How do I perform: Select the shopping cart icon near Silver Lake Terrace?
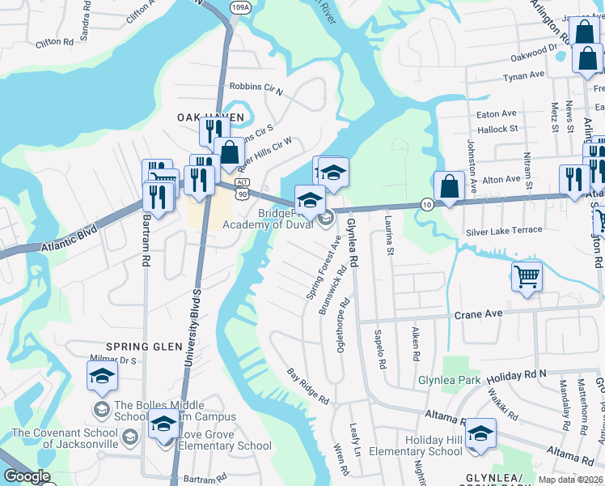point(527,278)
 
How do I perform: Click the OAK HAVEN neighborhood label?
point(210,117)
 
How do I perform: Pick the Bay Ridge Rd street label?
point(308,386)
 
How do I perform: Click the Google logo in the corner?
point(27,476)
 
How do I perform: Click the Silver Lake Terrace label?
point(503,231)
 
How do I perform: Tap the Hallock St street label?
point(497,129)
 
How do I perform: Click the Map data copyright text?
point(569,480)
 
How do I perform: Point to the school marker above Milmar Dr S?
point(103,375)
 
